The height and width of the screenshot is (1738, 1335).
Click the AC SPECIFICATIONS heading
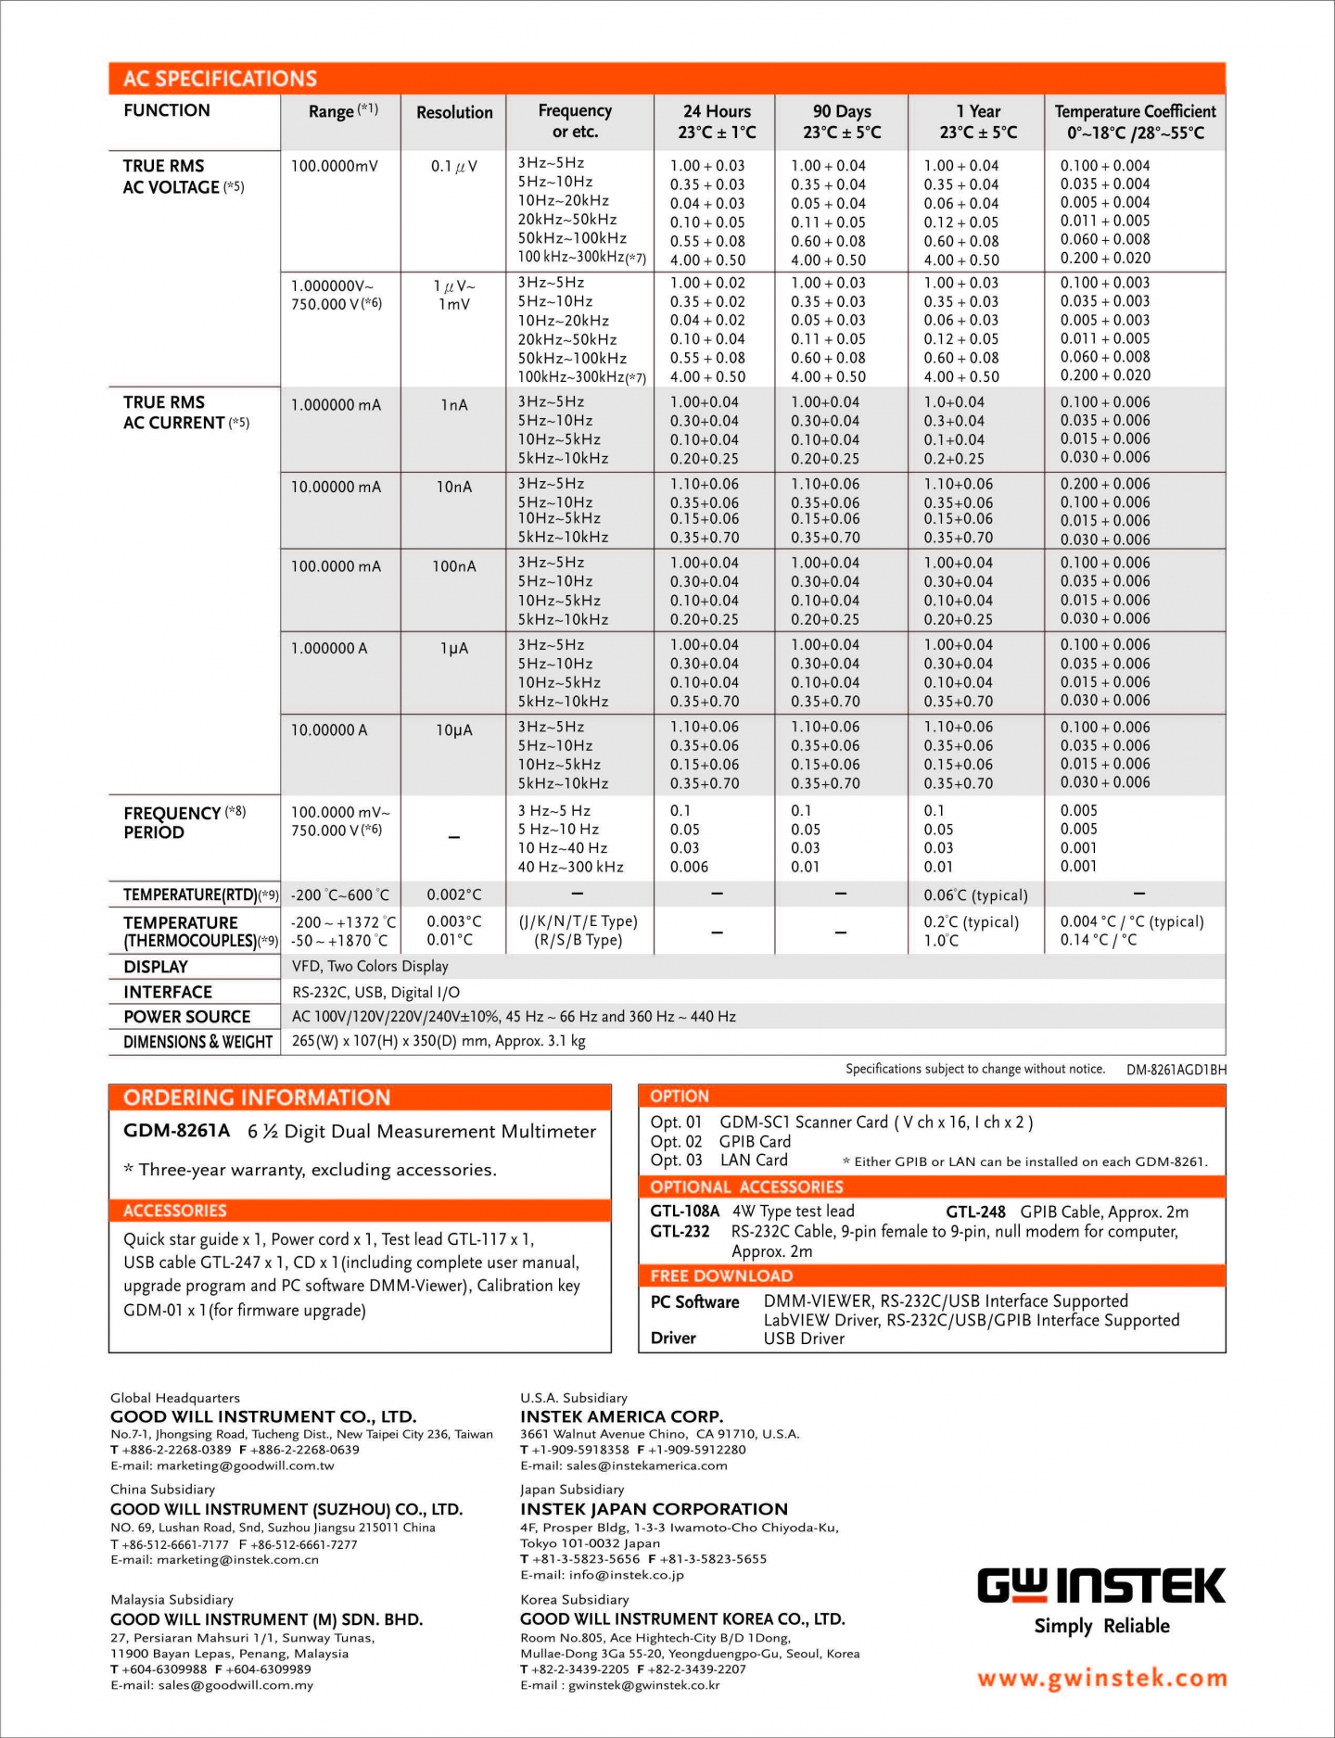[x=220, y=79]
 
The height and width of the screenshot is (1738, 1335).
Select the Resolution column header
[x=454, y=112]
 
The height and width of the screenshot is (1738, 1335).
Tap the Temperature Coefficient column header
[x=1135, y=121]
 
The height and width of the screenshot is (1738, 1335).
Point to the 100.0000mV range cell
[x=335, y=166]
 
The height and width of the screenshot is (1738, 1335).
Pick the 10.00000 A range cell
[x=329, y=730]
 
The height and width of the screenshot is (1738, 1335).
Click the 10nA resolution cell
[x=454, y=487]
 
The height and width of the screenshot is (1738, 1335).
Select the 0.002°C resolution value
[x=454, y=895]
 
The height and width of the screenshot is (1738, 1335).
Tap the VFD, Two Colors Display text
[x=370, y=967]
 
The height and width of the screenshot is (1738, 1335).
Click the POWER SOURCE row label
[x=187, y=1017]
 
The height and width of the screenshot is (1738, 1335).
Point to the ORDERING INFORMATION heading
[x=257, y=1098]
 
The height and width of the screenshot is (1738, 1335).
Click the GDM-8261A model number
[x=176, y=1131]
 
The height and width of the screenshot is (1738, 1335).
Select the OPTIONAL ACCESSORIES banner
[x=746, y=1187]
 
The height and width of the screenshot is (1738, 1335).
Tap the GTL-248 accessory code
[x=975, y=1212]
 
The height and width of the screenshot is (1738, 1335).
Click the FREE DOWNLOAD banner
[x=721, y=1276]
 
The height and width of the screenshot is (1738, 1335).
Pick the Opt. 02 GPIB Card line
[x=720, y=1142]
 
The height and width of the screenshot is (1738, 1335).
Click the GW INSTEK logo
[x=1101, y=1587]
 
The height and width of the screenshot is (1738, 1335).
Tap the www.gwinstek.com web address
[x=1101, y=1679]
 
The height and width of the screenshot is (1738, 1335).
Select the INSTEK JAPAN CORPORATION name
[x=654, y=1509]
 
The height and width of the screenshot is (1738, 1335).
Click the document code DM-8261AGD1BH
[x=1176, y=1070]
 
